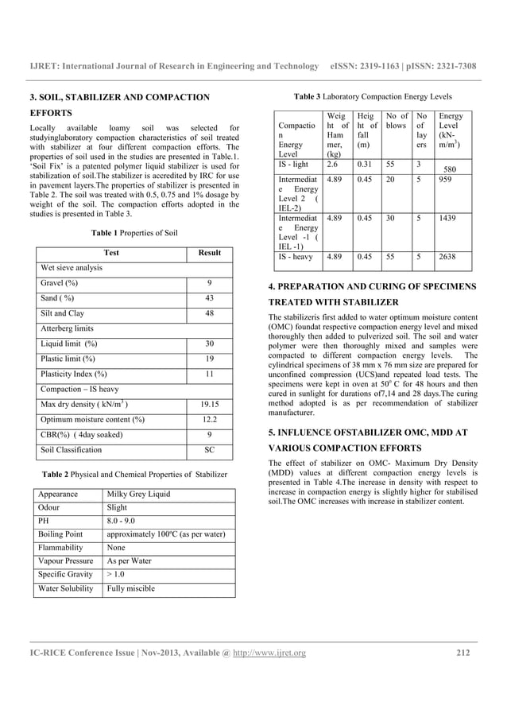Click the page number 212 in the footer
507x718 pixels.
point(462,654)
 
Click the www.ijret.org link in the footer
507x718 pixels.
point(267,654)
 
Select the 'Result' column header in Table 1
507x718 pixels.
point(210,252)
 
